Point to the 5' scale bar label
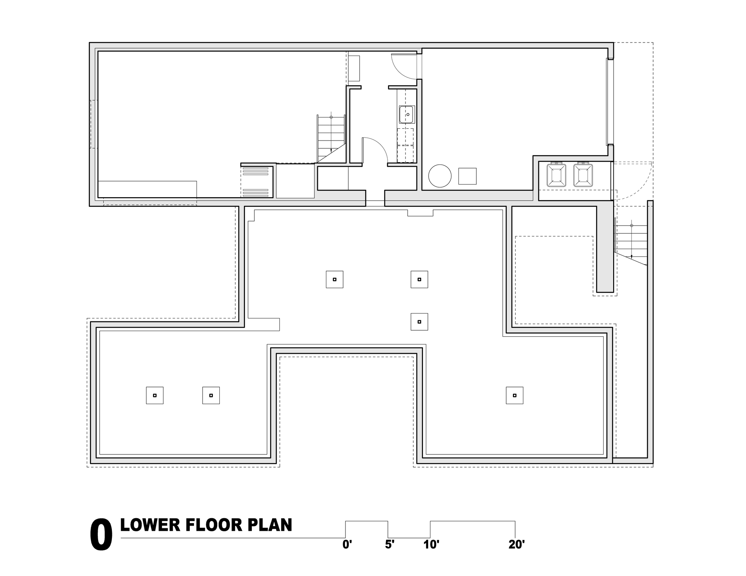[x=389, y=545]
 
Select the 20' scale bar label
[x=516, y=545]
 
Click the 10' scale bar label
[x=431, y=545]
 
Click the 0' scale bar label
[x=347, y=545]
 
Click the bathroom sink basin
[x=407, y=114]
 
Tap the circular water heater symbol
[x=440, y=176]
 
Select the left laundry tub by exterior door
[x=556, y=175]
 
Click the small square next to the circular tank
[x=467, y=176]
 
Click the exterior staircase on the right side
[x=631, y=242]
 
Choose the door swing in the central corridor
[x=375, y=149]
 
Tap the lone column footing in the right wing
[x=514, y=395]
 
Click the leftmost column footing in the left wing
[x=154, y=395]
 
